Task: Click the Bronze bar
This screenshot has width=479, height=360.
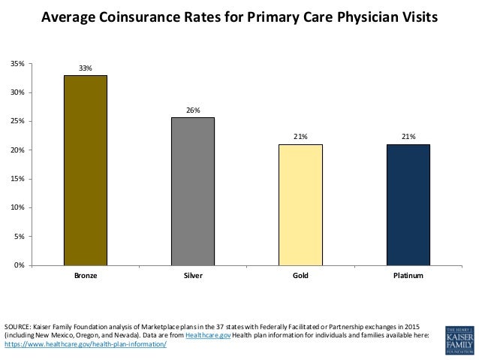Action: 86,170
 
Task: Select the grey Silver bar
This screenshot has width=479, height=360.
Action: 193,191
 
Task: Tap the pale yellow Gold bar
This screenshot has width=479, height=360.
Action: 300,204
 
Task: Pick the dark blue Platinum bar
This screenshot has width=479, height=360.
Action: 408,204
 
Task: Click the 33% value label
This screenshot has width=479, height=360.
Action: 86,68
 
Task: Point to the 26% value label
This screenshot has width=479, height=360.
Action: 193,110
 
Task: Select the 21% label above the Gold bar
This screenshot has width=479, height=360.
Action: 300,138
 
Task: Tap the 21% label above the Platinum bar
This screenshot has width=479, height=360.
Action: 408,138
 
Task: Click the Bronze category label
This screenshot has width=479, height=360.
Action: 86,277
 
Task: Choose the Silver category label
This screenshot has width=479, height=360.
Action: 193,277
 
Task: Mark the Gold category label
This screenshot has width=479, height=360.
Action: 300,277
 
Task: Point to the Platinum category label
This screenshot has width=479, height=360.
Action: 408,277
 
